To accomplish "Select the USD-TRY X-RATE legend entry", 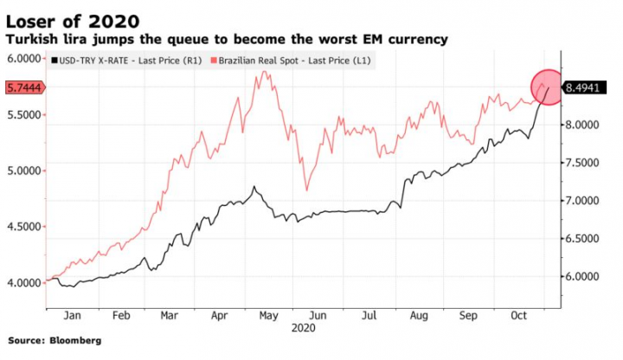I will pyautogui.click(x=127, y=61).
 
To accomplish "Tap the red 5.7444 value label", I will pyautogui.click(x=23, y=88).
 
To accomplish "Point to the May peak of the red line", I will pyautogui.click(x=263, y=73).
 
